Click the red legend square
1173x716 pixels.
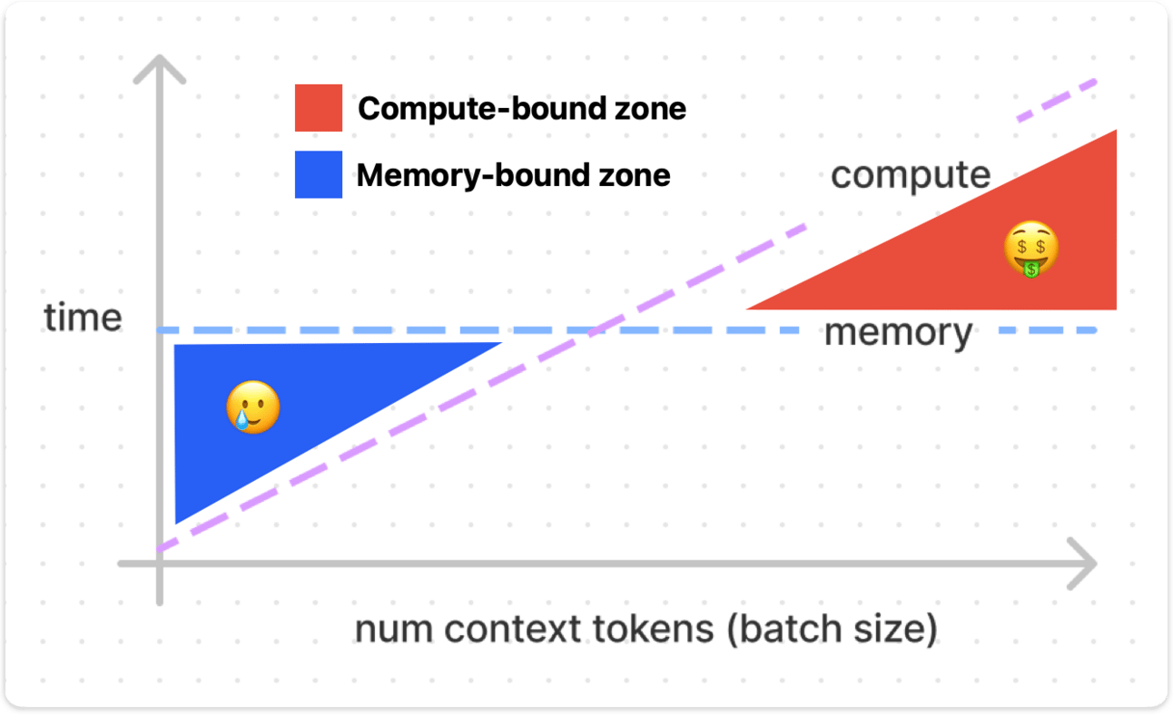point(319,108)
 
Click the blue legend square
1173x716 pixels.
point(319,174)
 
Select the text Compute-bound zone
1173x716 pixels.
point(522,109)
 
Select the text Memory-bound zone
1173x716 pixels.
point(513,174)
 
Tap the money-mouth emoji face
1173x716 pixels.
point(1031,248)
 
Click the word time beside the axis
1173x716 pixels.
point(83,318)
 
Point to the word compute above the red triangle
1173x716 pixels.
point(911,174)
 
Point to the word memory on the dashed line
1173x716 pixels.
point(898,333)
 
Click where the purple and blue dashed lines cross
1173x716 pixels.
point(595,329)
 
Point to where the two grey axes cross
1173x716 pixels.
point(160,564)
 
